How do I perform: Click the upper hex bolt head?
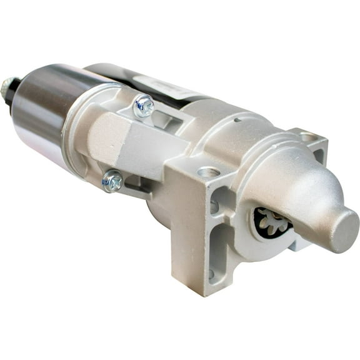144,107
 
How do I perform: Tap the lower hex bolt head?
113,181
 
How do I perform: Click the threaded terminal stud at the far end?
7,87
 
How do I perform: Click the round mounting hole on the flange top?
208,172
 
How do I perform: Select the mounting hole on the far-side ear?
309,136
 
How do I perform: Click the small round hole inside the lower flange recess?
211,273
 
